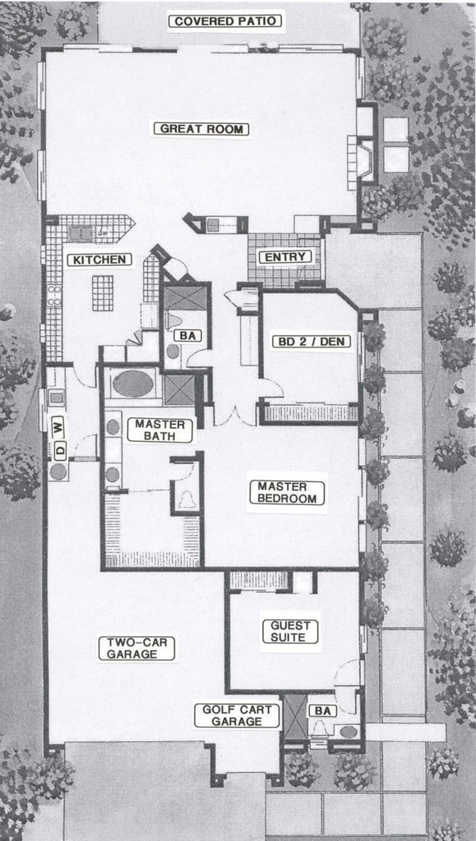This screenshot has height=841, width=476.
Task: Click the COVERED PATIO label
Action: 226,21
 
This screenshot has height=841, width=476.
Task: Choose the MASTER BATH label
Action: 159,430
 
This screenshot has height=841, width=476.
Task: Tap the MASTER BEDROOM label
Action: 287,493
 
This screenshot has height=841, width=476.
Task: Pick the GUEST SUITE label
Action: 289,631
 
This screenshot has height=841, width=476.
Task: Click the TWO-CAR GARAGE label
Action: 140,648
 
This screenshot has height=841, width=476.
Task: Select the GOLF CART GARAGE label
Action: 237,715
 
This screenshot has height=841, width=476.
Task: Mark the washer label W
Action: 58,425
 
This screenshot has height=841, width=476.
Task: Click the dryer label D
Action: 58,449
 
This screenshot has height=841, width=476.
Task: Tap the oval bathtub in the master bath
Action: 133,384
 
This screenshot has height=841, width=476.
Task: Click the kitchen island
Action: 103,292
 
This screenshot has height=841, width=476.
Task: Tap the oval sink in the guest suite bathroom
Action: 349,731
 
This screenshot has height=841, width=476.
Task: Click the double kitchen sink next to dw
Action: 80,232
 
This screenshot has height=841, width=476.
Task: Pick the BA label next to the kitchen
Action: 184,335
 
